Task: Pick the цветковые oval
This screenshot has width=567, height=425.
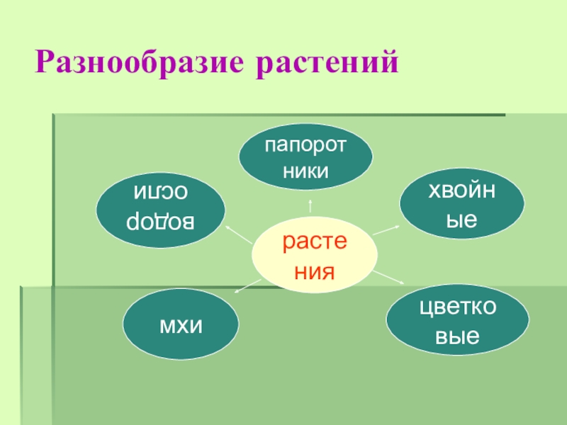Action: click(457, 321)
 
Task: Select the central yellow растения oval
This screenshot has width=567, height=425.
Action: click(315, 256)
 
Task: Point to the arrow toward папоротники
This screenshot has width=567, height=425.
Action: click(309, 205)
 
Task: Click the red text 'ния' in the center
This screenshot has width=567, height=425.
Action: click(315, 270)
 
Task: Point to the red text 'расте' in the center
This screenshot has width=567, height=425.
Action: click(315, 244)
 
